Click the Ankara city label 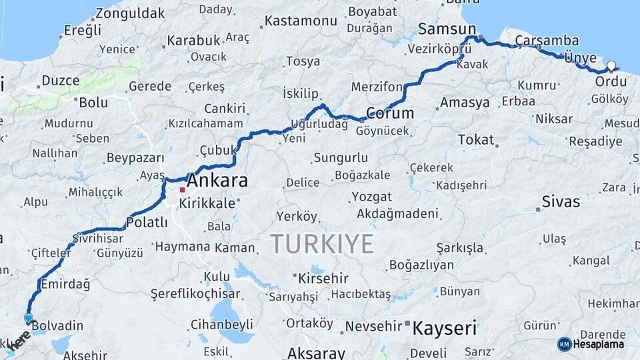[217, 181]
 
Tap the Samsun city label [447, 29]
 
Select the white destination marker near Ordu [611, 66]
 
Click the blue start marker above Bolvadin [28, 318]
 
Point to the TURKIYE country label [322, 244]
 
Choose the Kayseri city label [445, 328]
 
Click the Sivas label [561, 201]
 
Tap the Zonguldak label [130, 13]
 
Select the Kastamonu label [301, 21]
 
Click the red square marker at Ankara [182, 190]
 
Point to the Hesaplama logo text [599, 345]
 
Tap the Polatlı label [147, 223]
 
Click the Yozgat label [371, 197]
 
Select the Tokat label [476, 140]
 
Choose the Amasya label [465, 103]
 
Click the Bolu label [93, 103]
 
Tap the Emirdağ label [65, 284]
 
